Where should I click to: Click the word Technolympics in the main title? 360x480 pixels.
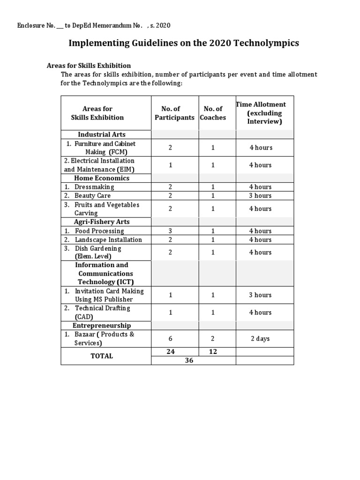pyautogui.click(x=269, y=44)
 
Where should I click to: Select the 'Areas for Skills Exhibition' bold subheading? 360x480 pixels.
pyautogui.click(x=89, y=66)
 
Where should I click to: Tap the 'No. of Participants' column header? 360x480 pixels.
pyautogui.click(x=174, y=113)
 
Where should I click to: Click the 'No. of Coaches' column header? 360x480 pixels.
pyautogui.click(x=213, y=113)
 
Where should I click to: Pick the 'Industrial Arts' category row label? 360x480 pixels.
pyautogui.click(x=101, y=135)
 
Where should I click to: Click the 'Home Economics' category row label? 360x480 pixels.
pyautogui.click(x=101, y=178)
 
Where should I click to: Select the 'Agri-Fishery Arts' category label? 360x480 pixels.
pyautogui.click(x=101, y=222)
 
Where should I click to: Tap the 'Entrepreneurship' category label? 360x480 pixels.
pyautogui.click(x=101, y=325)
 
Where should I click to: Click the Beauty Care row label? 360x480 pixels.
pyautogui.click(x=92, y=195)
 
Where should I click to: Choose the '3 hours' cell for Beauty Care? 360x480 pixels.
pyautogui.click(x=261, y=195)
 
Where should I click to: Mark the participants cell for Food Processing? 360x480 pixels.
pyautogui.click(x=171, y=231)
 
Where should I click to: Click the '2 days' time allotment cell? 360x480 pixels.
pyautogui.click(x=261, y=338)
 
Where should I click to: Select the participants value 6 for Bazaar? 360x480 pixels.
pyautogui.click(x=171, y=338)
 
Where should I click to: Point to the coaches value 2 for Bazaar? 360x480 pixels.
pyautogui.click(x=213, y=338)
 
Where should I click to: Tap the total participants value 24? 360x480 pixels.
pyautogui.click(x=171, y=352)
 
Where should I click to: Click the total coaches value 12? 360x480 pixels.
pyautogui.click(x=213, y=352)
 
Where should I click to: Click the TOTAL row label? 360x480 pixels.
pyautogui.click(x=101, y=356)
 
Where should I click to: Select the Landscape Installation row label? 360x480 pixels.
pyautogui.click(x=108, y=240)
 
